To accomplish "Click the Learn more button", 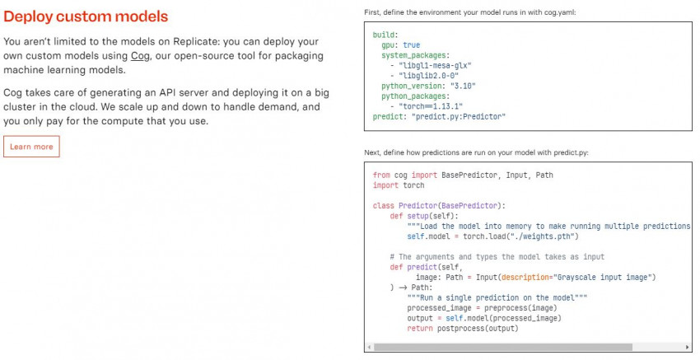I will tap(31, 147).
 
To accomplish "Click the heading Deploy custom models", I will tap(86, 16).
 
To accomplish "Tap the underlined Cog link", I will tap(139, 56).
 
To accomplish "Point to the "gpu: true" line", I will tap(400, 44).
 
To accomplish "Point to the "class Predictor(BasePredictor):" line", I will tap(438, 205).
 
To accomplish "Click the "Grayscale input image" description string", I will tap(604, 277).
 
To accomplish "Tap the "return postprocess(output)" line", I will tap(462, 328).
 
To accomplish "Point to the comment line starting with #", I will tap(497, 257).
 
